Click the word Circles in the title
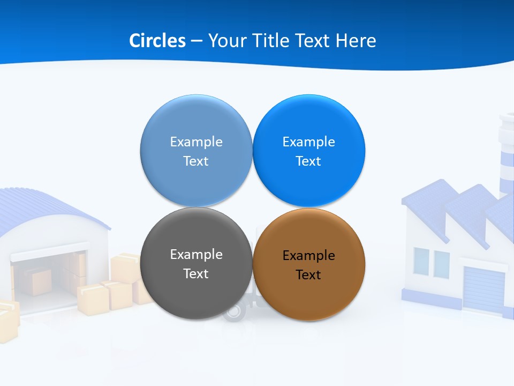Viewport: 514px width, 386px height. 157,41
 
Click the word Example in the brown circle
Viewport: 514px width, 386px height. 309,256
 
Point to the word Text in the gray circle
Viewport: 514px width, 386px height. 196,273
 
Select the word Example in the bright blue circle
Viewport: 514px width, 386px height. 309,142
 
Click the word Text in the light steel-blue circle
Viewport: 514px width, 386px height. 196,161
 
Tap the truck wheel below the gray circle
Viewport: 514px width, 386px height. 233,311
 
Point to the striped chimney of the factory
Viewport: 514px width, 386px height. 507,155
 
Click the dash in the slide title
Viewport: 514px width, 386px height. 196,41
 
